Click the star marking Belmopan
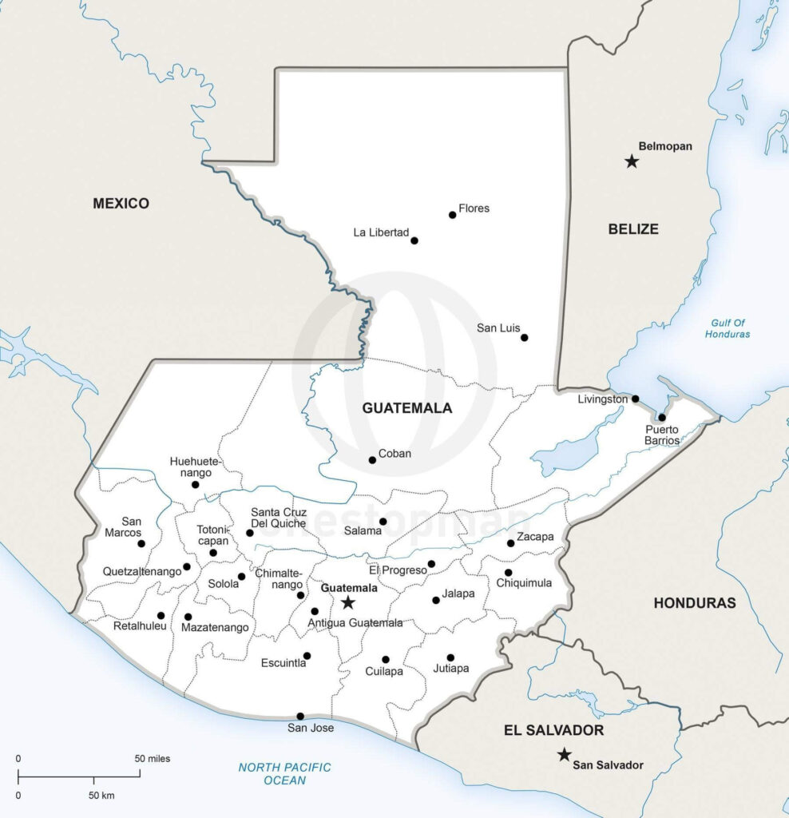(632, 161)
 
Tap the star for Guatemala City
(348, 602)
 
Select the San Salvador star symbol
(565, 754)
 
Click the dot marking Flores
(452, 214)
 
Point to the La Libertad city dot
(414, 240)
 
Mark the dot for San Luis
(524, 337)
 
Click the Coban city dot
(372, 459)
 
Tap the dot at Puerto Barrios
(661, 417)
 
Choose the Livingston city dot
(635, 399)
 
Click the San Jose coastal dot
(300, 716)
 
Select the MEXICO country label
(121, 204)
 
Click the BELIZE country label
(633, 229)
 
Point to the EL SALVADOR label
(553, 730)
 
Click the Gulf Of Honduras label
(727, 328)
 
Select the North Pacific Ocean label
(284, 773)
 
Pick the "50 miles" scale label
(152, 758)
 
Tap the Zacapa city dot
(510, 543)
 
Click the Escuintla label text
(283, 662)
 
